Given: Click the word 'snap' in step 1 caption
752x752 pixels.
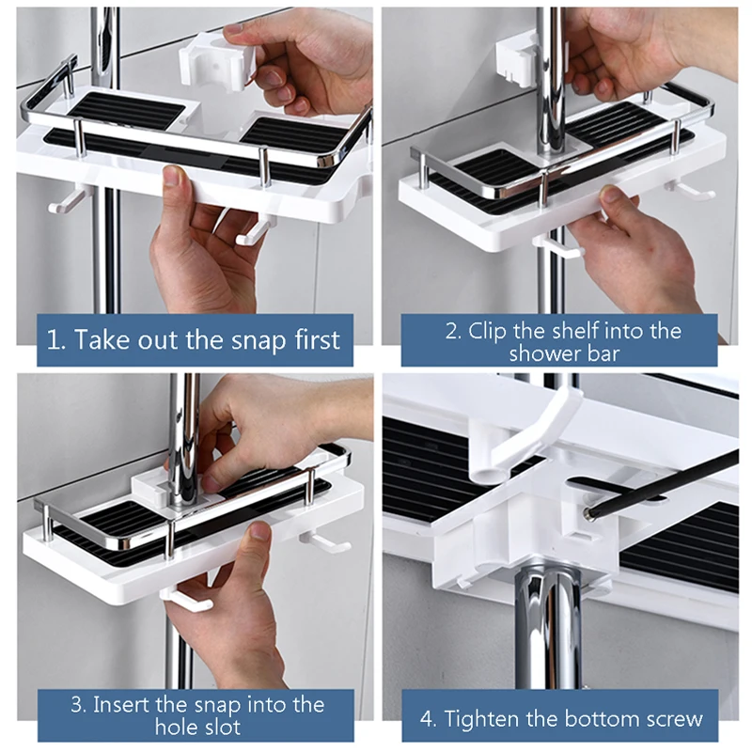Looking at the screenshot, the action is coord(258,340).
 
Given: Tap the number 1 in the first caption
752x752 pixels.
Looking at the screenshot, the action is coord(53,339).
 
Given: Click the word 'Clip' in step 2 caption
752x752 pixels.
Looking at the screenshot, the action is coord(487,332).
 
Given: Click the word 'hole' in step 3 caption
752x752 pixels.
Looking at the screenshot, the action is coord(173,727).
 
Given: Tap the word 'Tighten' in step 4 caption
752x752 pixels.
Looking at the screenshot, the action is coord(482,718).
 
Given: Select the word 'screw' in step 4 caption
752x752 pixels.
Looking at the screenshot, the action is coord(674,719).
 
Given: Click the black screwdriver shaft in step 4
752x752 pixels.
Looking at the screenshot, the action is coord(664,481).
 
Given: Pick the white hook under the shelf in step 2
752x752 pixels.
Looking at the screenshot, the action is coord(559,247).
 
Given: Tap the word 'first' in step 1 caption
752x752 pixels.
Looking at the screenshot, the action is coord(317,339).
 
